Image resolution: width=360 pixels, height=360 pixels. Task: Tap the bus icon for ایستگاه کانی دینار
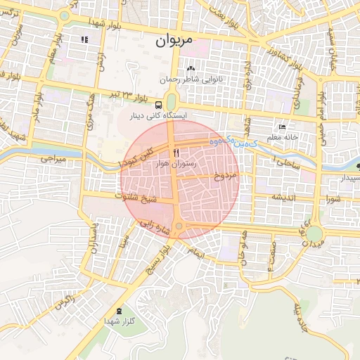[x=158, y=104]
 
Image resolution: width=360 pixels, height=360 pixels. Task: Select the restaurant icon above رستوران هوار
[x=176, y=152]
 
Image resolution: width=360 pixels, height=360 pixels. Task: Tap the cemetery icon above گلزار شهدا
[x=117, y=310]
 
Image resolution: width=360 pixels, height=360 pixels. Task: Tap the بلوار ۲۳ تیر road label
[x=120, y=93]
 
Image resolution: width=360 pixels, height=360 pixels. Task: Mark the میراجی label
[x=53, y=160]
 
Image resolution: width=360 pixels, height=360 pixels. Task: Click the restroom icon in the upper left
[x=85, y=39]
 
